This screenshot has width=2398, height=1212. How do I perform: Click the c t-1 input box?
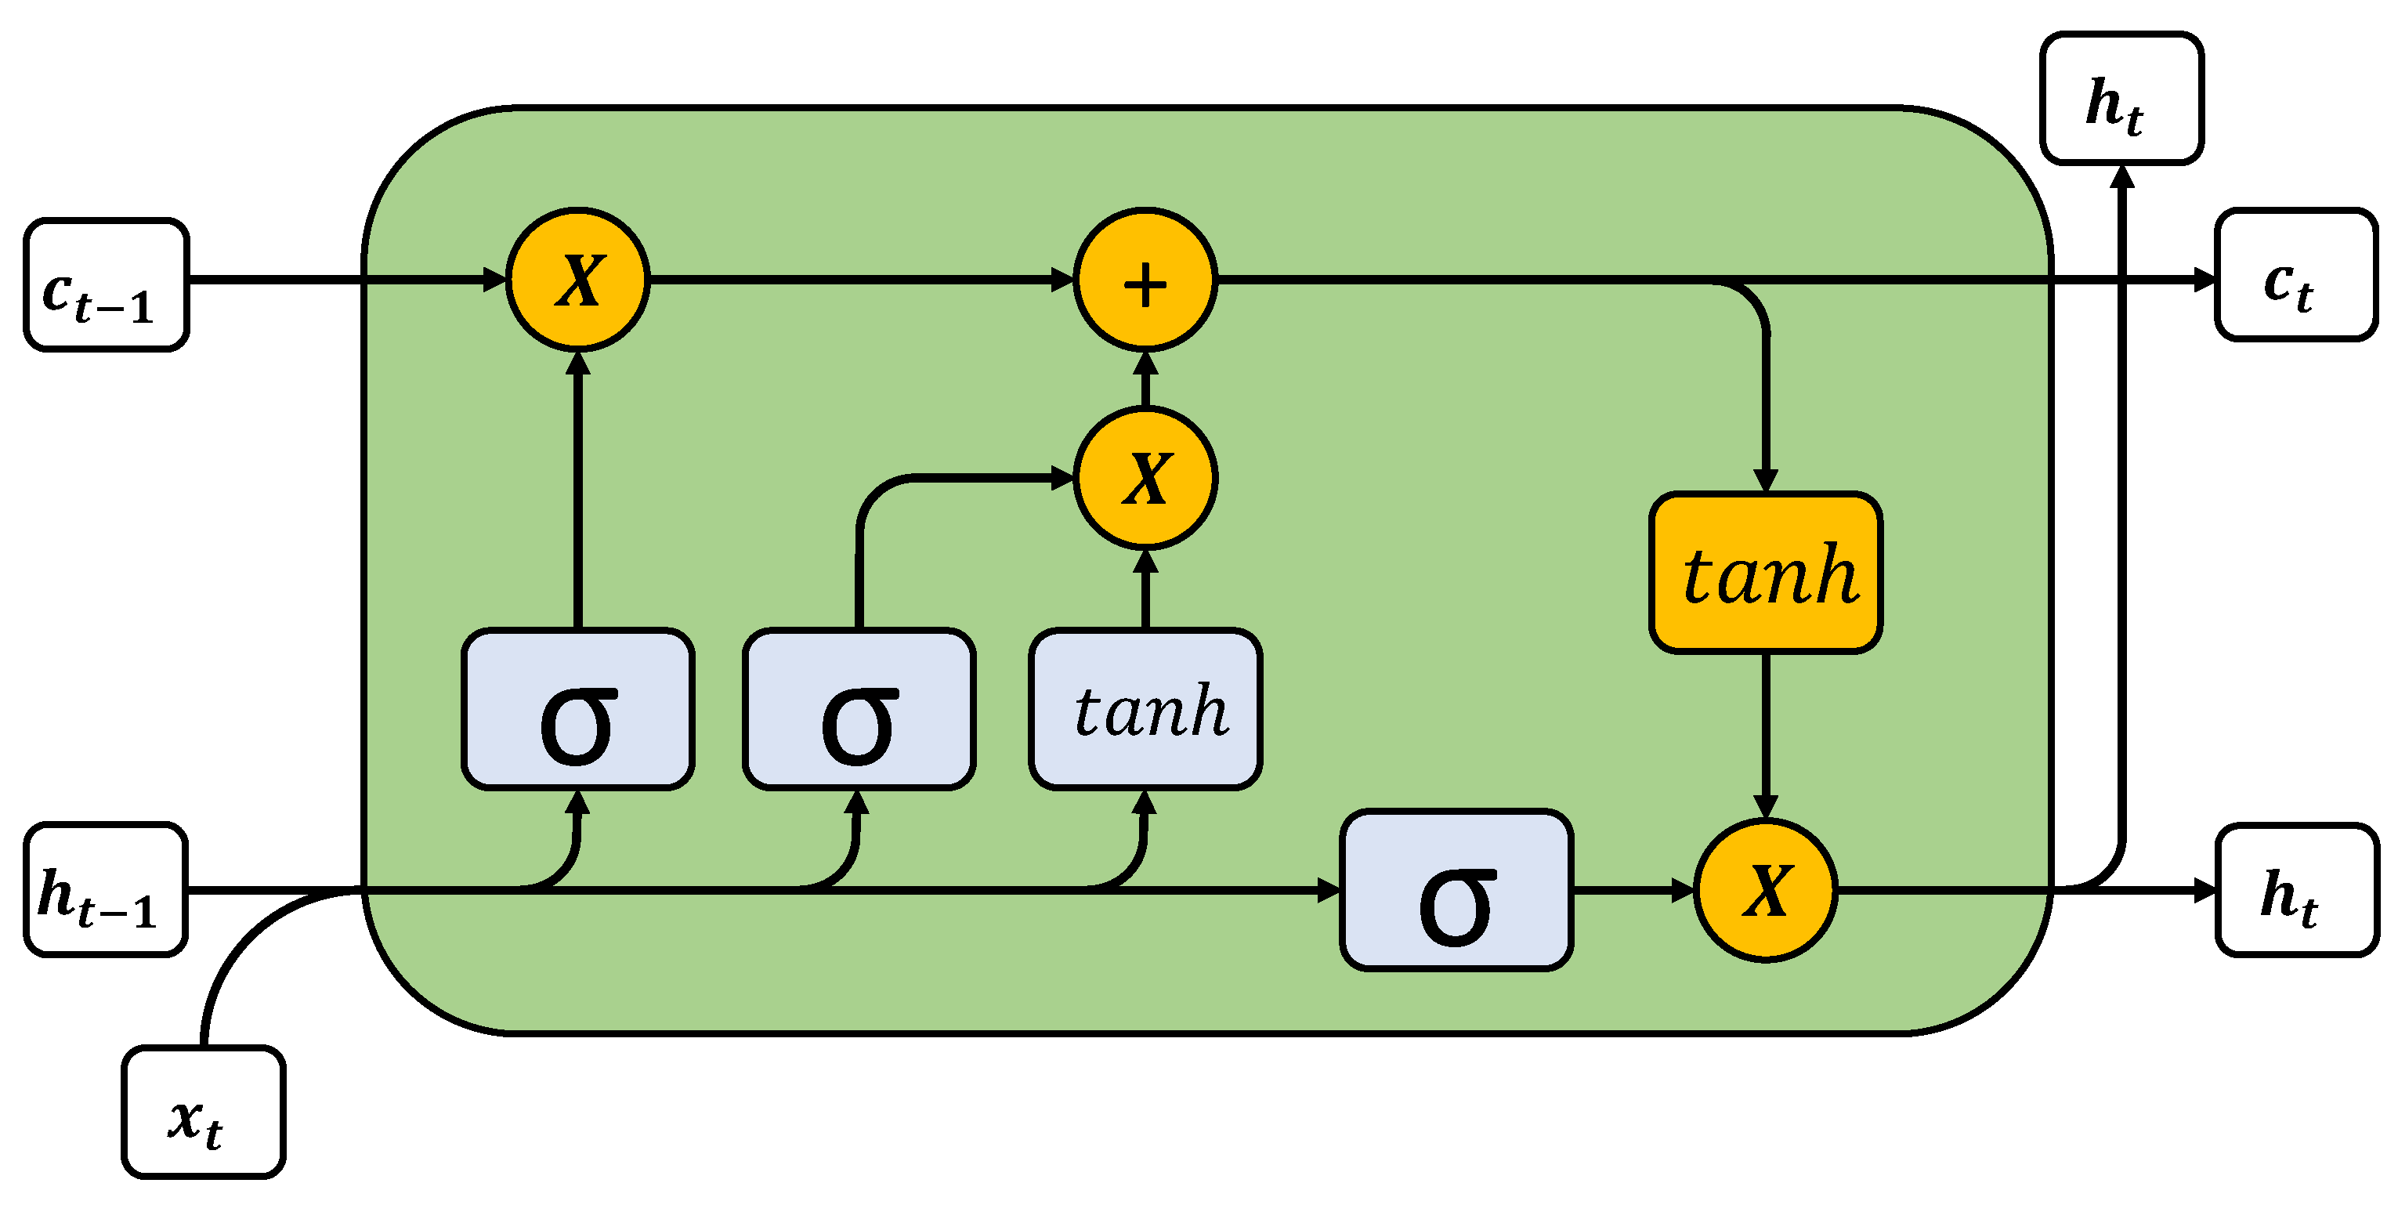[106, 285]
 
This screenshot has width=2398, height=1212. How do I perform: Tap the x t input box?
[203, 1112]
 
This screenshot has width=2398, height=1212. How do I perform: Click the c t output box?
[2295, 276]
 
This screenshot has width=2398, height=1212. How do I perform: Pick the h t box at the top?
[2121, 99]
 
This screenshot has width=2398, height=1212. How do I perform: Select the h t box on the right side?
[2296, 889]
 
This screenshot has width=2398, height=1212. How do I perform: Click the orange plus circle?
[1145, 279]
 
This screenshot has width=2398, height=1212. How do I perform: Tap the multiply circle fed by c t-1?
[578, 279]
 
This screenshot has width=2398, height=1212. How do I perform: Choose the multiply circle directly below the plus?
[1145, 478]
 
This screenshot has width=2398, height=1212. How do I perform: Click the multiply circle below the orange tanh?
[1765, 890]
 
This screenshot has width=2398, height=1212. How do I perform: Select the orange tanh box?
[1766, 573]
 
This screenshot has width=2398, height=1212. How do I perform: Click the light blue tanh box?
[1145, 709]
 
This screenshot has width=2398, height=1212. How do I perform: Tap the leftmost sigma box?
[578, 709]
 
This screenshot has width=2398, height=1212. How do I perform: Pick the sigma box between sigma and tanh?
[859, 709]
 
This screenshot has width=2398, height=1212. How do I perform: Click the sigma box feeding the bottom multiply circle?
[1456, 890]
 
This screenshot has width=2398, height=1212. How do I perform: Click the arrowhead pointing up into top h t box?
[2121, 177]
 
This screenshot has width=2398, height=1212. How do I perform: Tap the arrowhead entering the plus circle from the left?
[1062, 279]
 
